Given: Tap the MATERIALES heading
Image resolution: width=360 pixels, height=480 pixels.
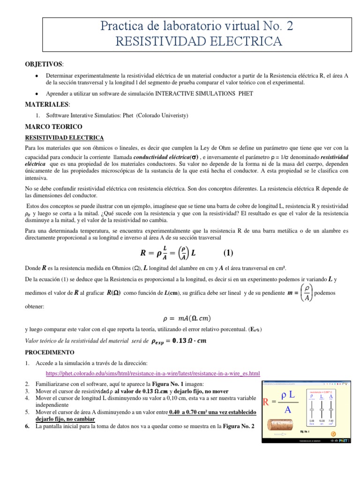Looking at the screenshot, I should point(45,105).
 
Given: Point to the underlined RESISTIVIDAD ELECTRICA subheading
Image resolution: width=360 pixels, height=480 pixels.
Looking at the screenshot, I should point(64,137).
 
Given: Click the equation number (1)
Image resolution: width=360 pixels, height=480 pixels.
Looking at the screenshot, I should point(228,253).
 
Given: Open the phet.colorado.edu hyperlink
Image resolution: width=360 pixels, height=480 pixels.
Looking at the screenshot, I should point(152,373).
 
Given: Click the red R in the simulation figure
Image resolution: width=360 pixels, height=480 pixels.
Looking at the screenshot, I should point(267,401).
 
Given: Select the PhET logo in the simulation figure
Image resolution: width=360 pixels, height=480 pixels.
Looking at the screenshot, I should point(343,441).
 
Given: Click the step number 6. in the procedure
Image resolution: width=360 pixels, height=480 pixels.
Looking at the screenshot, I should point(27,426).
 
